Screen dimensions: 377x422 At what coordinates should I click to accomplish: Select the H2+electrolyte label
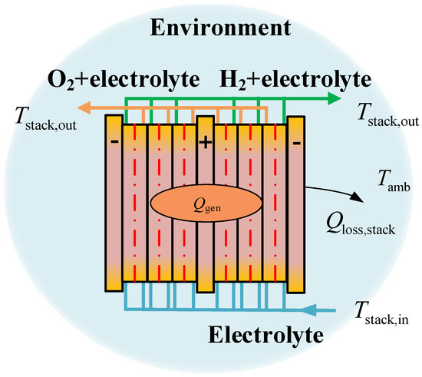[x=296, y=79]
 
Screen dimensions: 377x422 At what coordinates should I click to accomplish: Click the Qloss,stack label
[x=360, y=225]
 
